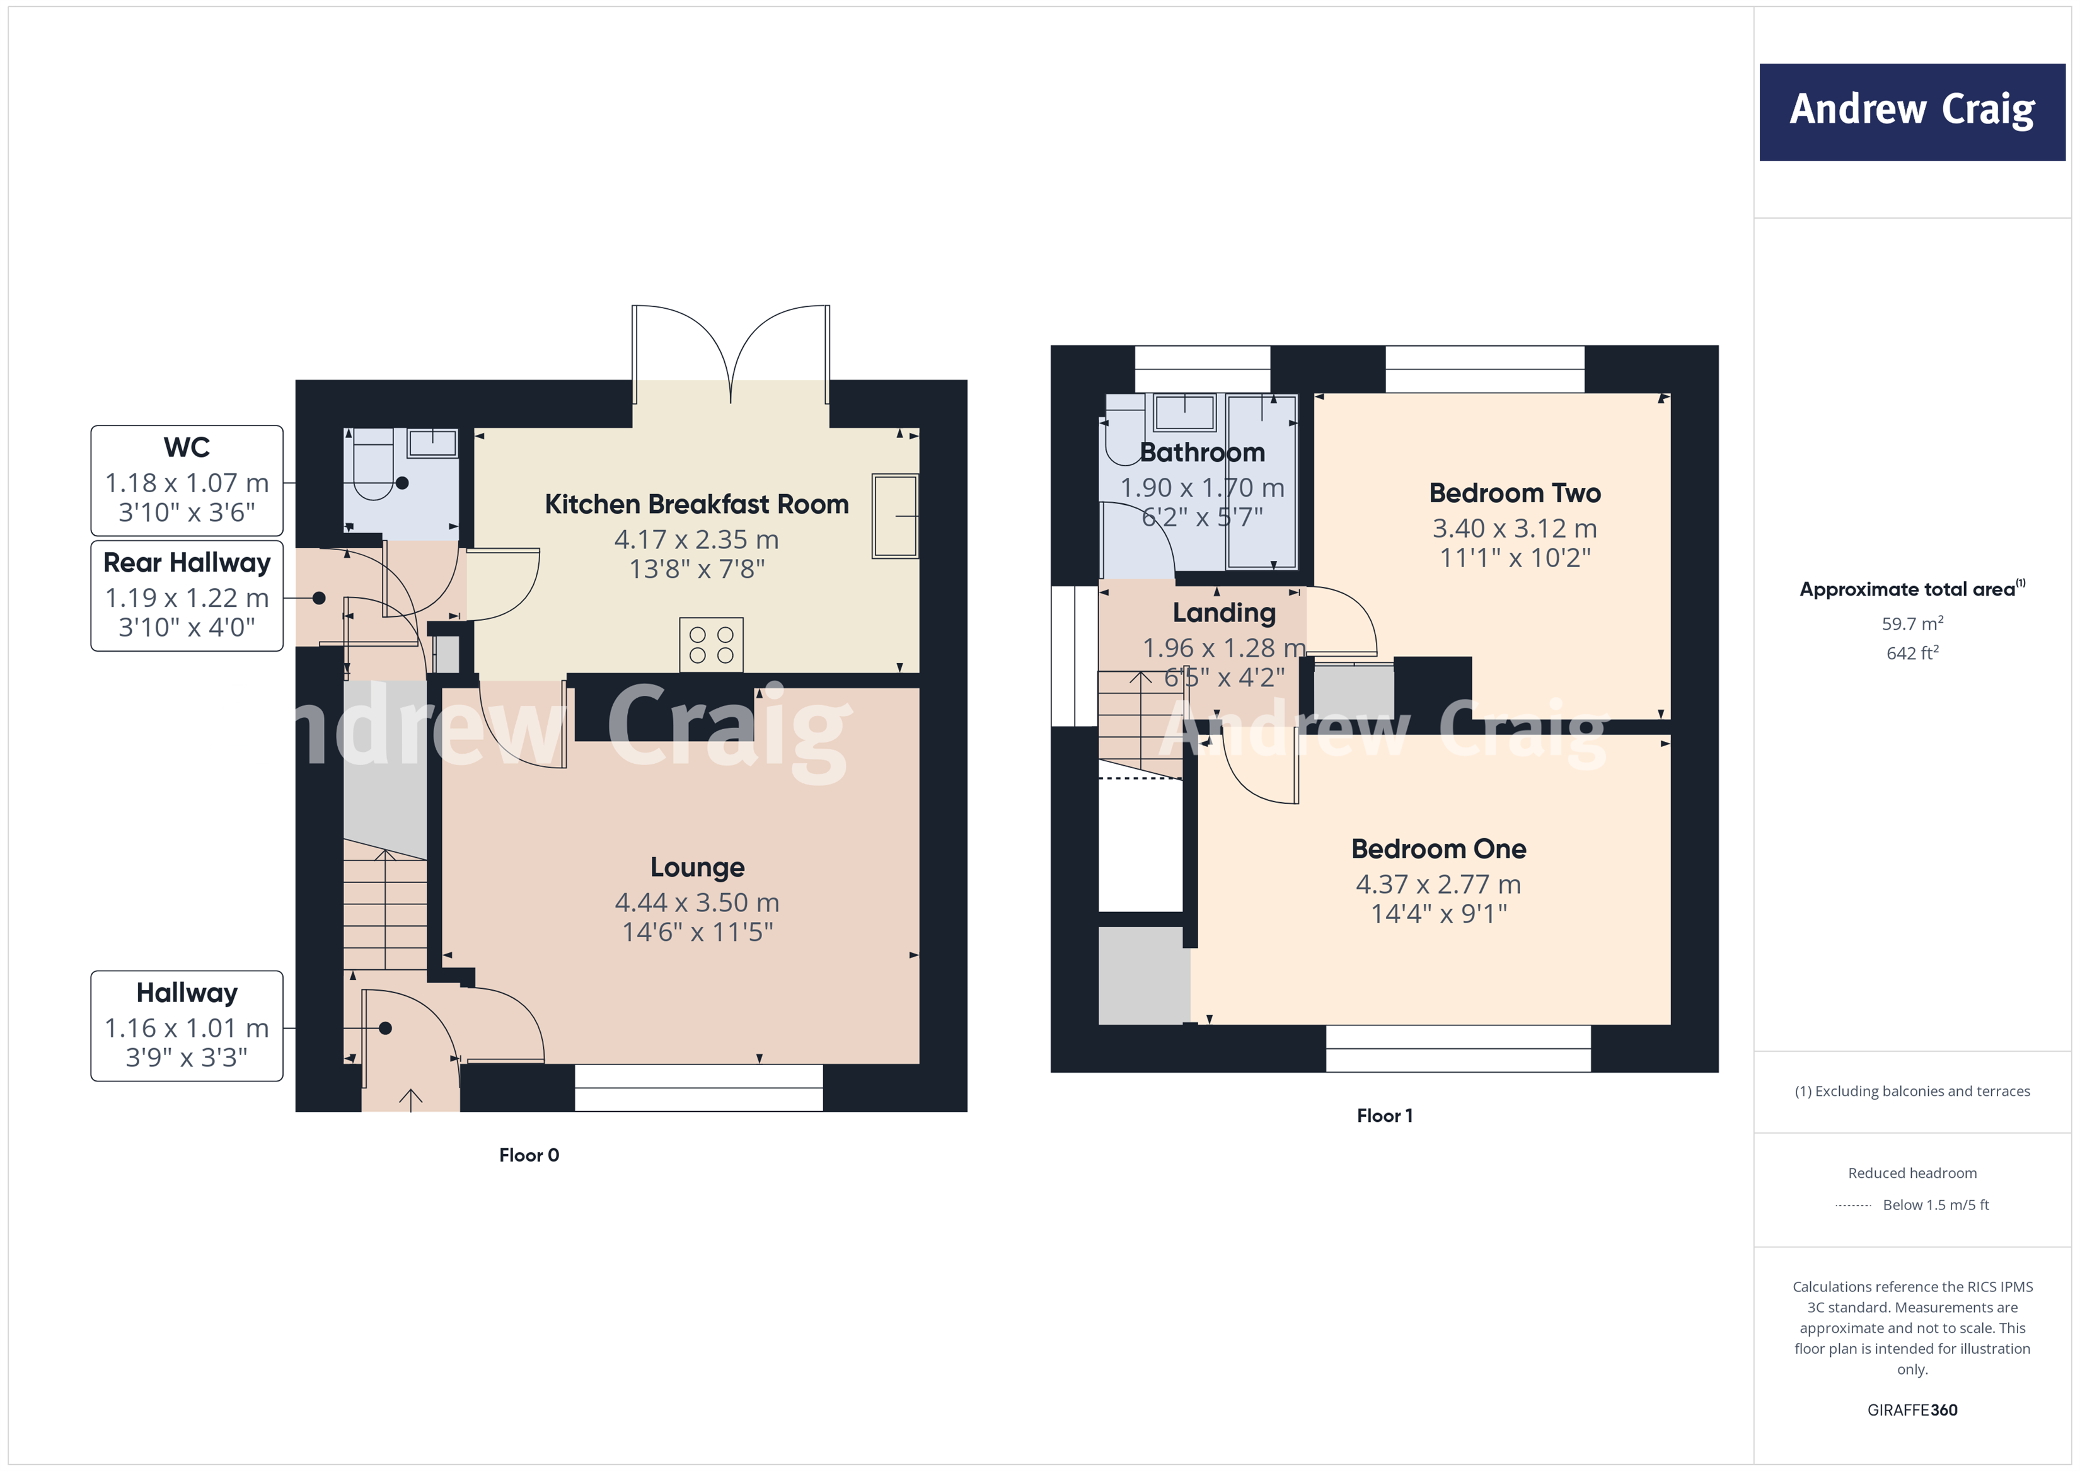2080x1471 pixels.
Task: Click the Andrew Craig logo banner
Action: pos(1912,112)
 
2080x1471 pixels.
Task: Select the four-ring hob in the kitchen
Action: pos(711,645)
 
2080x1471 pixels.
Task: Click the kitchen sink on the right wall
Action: pos(895,516)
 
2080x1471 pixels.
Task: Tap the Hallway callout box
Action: pos(187,1025)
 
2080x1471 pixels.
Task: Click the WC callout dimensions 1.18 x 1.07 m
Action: pos(187,483)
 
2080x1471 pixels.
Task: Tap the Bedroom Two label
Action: pos(1515,493)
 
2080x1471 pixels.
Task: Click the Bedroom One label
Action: pos(1438,849)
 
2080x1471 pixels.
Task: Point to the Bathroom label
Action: pos(1201,452)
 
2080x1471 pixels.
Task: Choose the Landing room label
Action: pos(1224,613)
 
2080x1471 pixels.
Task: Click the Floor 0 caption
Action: pos(529,1155)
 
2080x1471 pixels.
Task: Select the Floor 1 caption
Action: pos(1384,1116)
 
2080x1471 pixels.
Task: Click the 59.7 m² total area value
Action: pos(1912,624)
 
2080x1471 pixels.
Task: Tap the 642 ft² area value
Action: pos(1912,653)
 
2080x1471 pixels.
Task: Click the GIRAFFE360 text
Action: pos(1912,1410)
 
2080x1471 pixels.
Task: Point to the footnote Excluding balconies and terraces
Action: pos(1912,1092)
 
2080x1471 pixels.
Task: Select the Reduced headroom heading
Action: pos(1912,1173)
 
